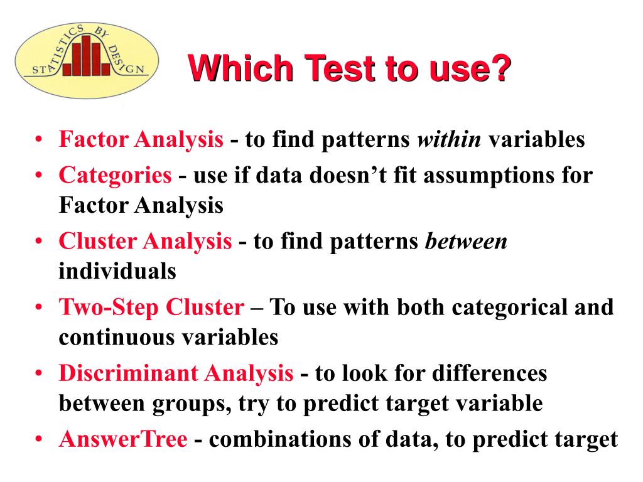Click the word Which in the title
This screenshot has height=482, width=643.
pyautogui.click(x=240, y=68)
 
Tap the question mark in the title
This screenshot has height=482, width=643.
pyautogui.click(x=500, y=68)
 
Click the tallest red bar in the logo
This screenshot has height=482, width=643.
pyautogui.click(x=86, y=55)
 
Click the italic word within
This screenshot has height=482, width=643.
pyautogui.click(x=449, y=139)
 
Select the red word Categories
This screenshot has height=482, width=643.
pyautogui.click(x=116, y=176)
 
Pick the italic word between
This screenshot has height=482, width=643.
pyautogui.click(x=467, y=241)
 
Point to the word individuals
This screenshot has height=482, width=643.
pyautogui.click(x=117, y=271)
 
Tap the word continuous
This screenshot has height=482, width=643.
pyautogui.click(x=117, y=338)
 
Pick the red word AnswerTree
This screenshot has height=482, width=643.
pyautogui.click(x=124, y=439)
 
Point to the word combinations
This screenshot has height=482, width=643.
pyautogui.click(x=280, y=439)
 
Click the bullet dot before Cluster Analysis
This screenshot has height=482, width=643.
pyautogui.click(x=39, y=241)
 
